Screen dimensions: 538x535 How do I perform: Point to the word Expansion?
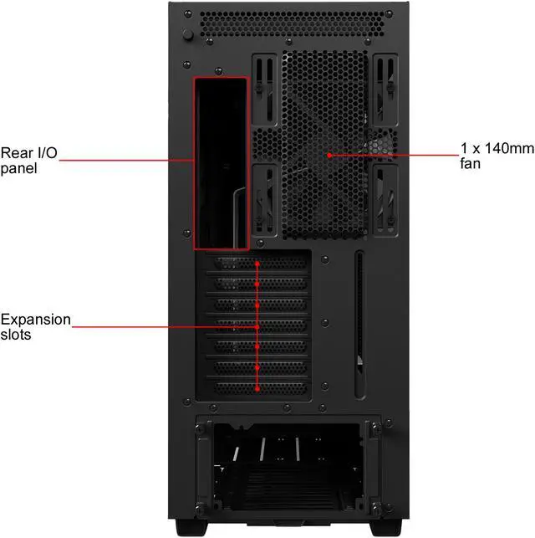[36, 320]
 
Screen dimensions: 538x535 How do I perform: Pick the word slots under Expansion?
[18, 335]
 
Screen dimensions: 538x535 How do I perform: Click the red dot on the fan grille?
[330, 155]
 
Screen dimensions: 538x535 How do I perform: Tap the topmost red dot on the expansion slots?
[257, 264]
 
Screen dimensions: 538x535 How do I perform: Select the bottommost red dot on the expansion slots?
[257, 387]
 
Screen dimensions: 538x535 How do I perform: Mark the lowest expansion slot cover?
[257, 387]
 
